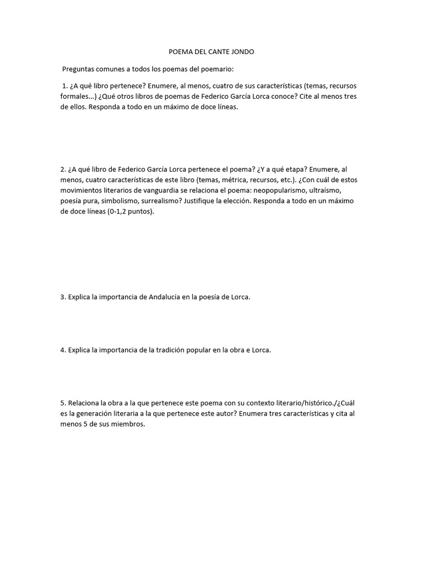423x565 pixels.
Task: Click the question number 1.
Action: (x=65, y=87)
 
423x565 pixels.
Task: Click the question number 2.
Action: (x=63, y=170)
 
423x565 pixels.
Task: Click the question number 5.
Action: (x=63, y=403)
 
